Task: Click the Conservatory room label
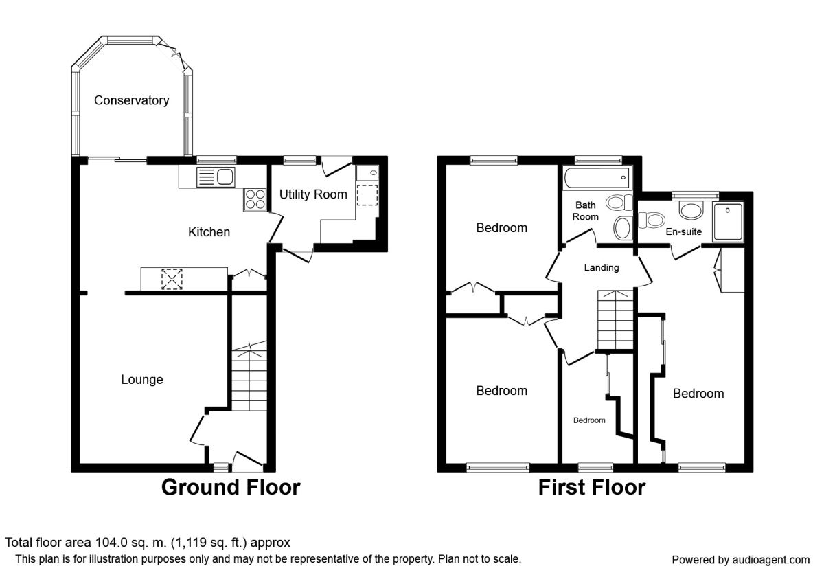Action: [x=131, y=100]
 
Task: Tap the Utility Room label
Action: [x=313, y=194]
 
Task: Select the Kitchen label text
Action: [x=209, y=232]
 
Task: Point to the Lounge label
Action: [x=142, y=379]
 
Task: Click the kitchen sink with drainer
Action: [x=216, y=177]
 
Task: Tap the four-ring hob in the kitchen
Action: [x=255, y=199]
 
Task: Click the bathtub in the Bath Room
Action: [x=597, y=178]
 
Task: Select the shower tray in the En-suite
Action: [x=728, y=221]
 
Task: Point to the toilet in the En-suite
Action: [x=652, y=220]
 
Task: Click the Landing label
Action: [x=602, y=267]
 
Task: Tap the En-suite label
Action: [x=683, y=232]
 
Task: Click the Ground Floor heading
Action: [x=231, y=487]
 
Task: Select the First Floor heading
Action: [x=591, y=487]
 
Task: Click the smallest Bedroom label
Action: [x=589, y=420]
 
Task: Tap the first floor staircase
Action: [x=615, y=320]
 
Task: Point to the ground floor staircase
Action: [x=249, y=376]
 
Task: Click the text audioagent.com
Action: [x=771, y=560]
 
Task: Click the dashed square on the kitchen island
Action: [x=172, y=280]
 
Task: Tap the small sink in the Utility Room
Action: [x=367, y=173]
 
